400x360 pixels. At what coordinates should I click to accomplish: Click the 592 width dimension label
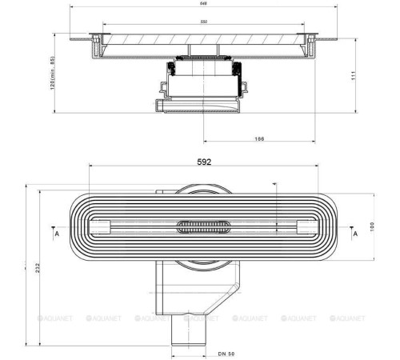click(x=204, y=162)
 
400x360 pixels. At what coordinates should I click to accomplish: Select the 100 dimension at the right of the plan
click(x=372, y=227)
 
